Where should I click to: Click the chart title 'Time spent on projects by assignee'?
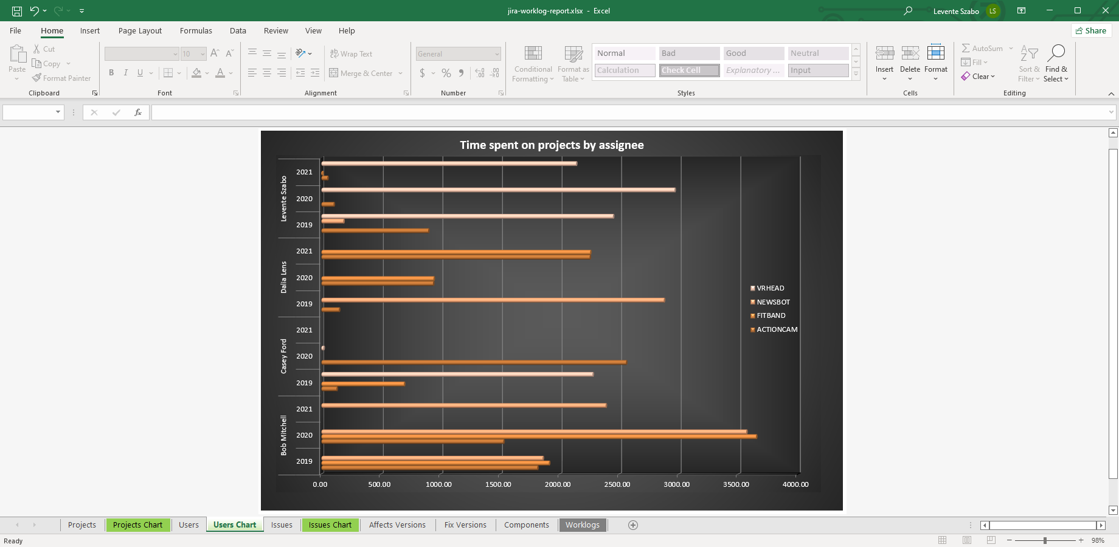552,145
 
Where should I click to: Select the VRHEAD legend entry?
770,288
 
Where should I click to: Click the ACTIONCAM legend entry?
777,329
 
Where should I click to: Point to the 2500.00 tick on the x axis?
617,484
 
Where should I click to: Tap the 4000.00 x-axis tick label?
795,484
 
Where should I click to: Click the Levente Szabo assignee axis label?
283,199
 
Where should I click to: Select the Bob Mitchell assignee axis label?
283,435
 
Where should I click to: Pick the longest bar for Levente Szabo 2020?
498,190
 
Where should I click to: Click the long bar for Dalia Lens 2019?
493,300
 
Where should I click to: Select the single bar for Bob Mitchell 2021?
463,405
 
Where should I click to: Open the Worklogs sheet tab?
582,525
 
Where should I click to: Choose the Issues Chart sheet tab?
330,525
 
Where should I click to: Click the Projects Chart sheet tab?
137,525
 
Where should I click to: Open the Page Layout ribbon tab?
140,31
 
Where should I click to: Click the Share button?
1091,31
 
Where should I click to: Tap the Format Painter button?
61,78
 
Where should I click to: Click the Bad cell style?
689,53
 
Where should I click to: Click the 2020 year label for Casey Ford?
304,356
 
